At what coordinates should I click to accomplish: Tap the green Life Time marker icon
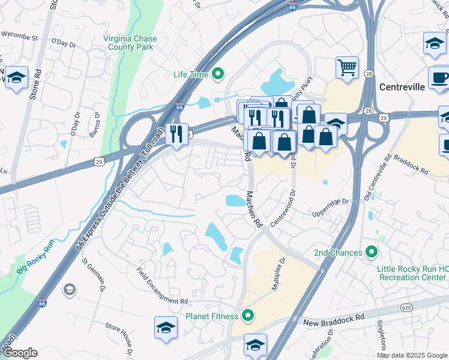tap(218, 74)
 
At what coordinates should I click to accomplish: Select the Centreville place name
tap(402, 86)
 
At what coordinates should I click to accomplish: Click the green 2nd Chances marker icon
tap(372, 253)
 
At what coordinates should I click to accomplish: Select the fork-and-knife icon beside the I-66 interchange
tap(176, 133)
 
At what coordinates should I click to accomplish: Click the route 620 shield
tap(406, 307)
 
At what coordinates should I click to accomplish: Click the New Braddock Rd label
tap(334, 316)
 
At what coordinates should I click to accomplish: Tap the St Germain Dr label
tap(94, 275)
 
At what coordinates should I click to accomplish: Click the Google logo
tap(19, 353)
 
